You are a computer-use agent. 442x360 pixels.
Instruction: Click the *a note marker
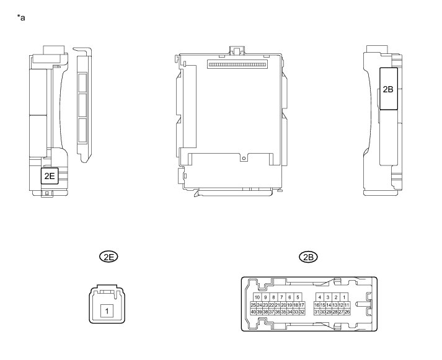(22, 17)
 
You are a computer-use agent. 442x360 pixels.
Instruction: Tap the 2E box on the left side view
(50, 177)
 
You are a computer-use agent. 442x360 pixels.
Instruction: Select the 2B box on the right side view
(388, 89)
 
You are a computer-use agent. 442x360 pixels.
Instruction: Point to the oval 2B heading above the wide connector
(307, 257)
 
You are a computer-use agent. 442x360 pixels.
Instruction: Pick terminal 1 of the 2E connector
(107, 310)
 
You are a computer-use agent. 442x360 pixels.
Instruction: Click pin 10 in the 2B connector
(257, 297)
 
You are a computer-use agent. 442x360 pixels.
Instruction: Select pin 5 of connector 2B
(298, 297)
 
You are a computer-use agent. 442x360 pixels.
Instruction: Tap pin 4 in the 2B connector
(319, 297)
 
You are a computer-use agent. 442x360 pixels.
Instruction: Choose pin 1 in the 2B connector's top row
(344, 297)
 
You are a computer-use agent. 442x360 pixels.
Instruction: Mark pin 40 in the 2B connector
(254, 312)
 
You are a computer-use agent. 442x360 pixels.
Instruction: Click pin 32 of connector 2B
(301, 312)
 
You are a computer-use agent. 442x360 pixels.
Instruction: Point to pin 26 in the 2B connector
(347, 312)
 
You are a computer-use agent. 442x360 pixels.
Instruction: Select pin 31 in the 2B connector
(317, 312)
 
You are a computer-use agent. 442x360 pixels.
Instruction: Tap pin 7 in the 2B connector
(281, 297)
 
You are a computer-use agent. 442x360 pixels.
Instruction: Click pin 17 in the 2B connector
(301, 305)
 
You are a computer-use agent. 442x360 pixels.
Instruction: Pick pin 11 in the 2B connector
(347, 305)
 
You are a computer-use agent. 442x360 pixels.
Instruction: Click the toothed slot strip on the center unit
(241, 64)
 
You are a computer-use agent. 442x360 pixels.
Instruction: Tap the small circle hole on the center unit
(244, 158)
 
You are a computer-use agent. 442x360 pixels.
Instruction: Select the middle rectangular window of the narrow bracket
(82, 103)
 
